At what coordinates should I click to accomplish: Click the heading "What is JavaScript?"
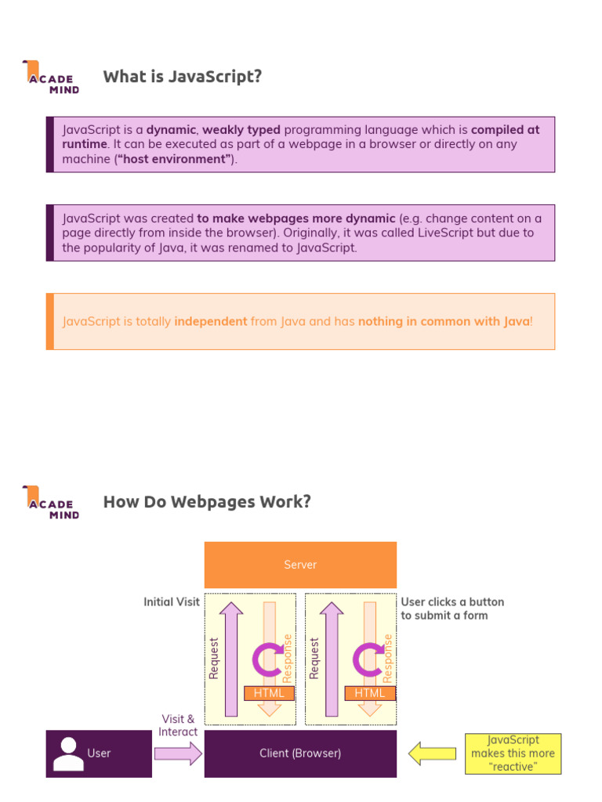pos(182,77)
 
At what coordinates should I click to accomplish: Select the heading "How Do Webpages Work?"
pos(207,502)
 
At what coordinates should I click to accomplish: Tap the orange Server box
pos(300,565)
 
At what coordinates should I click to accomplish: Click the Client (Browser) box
pos(300,753)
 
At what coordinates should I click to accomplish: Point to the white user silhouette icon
pos(68,753)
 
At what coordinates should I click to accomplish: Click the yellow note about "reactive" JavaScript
pos(513,753)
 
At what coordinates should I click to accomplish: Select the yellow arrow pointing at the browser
pos(432,753)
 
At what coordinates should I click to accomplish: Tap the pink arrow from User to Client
pos(178,753)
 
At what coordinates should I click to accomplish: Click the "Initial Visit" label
pos(172,602)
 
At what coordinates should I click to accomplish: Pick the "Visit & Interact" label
pos(178,725)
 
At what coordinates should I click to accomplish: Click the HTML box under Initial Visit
pos(270,693)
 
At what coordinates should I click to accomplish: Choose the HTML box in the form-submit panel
pos(370,693)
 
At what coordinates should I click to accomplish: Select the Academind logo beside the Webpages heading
pos(51,503)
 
